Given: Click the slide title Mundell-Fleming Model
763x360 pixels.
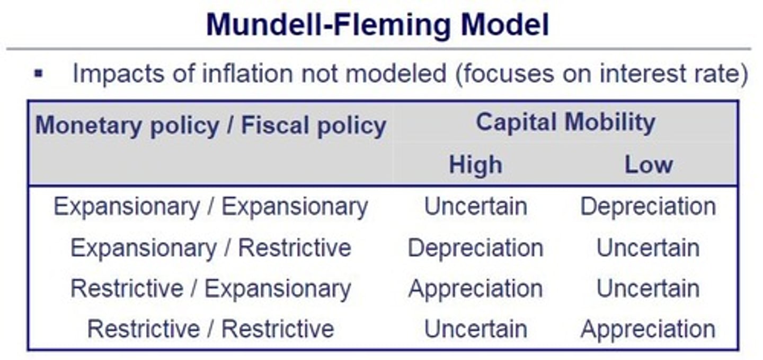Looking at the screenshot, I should (377, 24).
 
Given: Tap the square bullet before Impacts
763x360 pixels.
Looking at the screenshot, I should (39, 73).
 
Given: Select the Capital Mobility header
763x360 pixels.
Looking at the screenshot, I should (565, 122).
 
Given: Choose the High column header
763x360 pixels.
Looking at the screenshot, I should (475, 164).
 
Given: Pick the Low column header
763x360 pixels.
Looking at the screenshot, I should (648, 164).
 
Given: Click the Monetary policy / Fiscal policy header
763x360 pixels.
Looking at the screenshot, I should (210, 126).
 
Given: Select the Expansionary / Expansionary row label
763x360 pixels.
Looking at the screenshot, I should (210, 206).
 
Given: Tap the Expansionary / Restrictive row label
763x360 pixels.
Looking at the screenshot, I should (210, 248).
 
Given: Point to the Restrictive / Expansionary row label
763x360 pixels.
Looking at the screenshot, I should (210, 288).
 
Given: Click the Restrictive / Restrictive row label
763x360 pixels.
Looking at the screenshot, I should (210, 329).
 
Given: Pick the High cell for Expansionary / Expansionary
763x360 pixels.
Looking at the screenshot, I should (475, 206).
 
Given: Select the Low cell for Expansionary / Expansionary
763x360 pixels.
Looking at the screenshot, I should (648, 206).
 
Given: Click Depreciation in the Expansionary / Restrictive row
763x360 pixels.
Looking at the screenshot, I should (475, 248).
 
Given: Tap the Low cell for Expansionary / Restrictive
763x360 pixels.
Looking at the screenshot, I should (648, 248).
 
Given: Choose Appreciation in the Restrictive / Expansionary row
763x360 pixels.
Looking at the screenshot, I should (475, 288).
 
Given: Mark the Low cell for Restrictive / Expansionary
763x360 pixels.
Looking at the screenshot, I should (648, 288).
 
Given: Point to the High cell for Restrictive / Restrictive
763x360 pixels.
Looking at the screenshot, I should (475, 329).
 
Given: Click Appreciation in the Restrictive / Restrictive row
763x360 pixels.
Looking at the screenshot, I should (648, 329).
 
